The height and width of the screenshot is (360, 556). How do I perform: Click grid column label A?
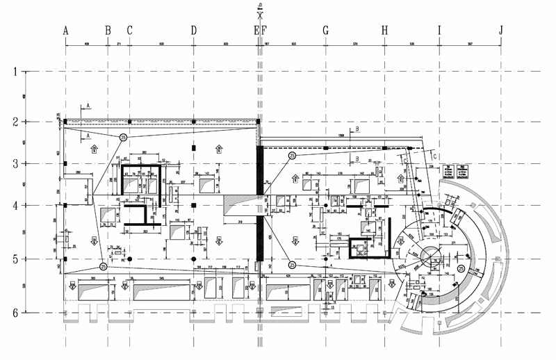click(x=66, y=30)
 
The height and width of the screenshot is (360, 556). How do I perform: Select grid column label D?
click(x=193, y=30)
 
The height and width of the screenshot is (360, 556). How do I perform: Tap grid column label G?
click(x=325, y=30)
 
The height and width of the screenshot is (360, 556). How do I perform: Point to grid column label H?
click(x=384, y=30)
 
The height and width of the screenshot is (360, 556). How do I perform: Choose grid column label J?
click(x=501, y=30)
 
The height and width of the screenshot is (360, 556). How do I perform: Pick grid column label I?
click(x=439, y=30)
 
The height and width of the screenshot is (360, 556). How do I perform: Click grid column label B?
click(x=108, y=30)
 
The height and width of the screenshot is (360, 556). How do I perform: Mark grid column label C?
click(x=129, y=30)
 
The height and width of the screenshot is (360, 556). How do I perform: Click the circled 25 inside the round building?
click(x=461, y=268)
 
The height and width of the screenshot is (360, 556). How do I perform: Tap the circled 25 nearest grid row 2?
click(x=124, y=138)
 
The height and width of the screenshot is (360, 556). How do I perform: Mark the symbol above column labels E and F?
click(x=260, y=9)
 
